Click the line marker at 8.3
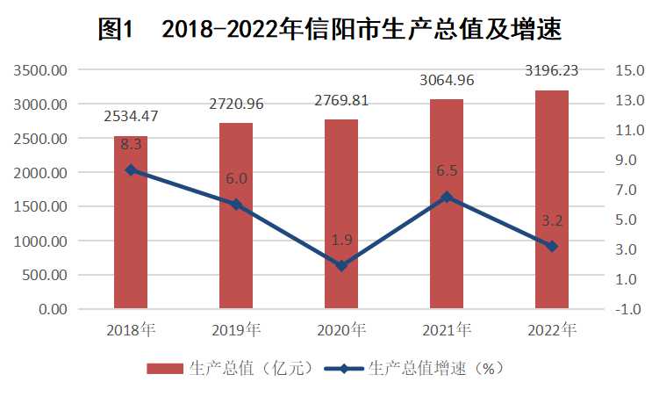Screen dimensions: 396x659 [131, 170]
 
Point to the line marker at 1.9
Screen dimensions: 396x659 [341, 265]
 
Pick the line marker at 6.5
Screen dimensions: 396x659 [447, 197]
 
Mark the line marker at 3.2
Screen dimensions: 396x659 [552, 246]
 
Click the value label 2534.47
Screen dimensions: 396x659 [131, 116]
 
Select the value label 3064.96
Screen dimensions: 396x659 [447, 81]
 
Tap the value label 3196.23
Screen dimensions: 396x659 [552, 68]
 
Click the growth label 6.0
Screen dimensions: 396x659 [236, 178]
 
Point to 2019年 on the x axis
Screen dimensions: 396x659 [236, 331]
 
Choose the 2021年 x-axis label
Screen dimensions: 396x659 [447, 331]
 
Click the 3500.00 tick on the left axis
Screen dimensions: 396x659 [42, 71]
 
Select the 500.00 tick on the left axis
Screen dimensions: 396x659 [46, 275]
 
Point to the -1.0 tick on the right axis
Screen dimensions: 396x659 [629, 309]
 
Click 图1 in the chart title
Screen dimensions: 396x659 [114, 29]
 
